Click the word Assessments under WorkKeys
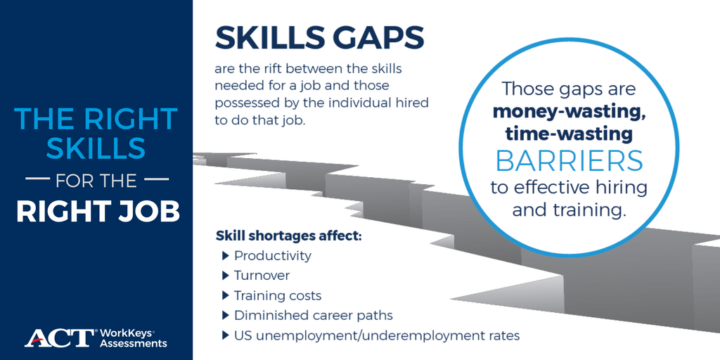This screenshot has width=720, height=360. point(134,343)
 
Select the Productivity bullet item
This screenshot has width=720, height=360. point(272,256)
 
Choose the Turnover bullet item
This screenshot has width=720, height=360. point(262,276)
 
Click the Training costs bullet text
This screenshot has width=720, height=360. point(278,295)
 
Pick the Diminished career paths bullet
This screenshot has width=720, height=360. point(313,315)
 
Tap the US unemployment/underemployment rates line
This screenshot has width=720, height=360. point(376,335)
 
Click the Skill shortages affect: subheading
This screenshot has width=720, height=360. point(288,236)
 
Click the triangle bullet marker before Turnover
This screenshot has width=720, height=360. point(226,276)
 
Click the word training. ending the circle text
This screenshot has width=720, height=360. point(591,210)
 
